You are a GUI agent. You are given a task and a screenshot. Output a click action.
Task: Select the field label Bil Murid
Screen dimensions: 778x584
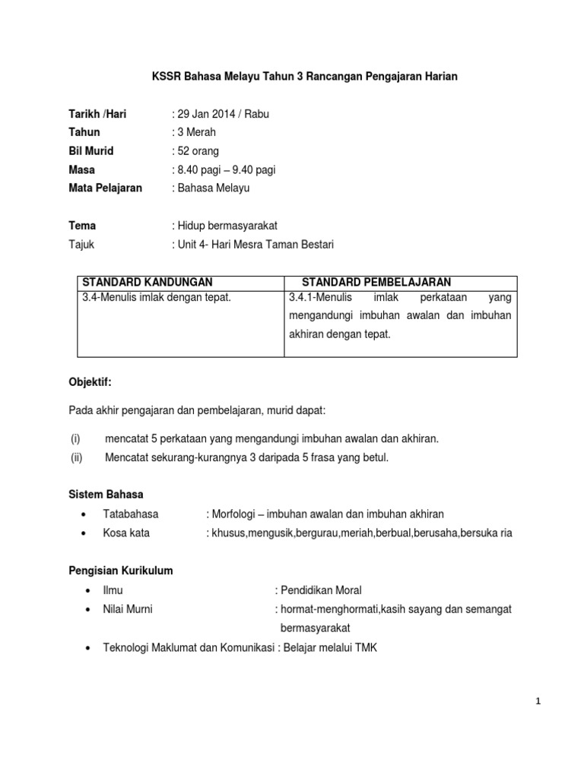(91, 151)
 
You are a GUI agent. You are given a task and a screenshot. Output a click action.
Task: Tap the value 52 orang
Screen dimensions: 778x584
(198, 151)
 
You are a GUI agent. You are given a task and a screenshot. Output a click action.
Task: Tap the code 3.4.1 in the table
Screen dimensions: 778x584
(304, 298)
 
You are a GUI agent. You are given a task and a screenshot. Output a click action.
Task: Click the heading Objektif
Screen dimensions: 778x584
(90, 382)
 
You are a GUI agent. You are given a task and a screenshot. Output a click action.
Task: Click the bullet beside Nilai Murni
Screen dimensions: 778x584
(89, 609)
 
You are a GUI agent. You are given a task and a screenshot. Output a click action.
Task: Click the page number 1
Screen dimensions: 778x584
(538, 702)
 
